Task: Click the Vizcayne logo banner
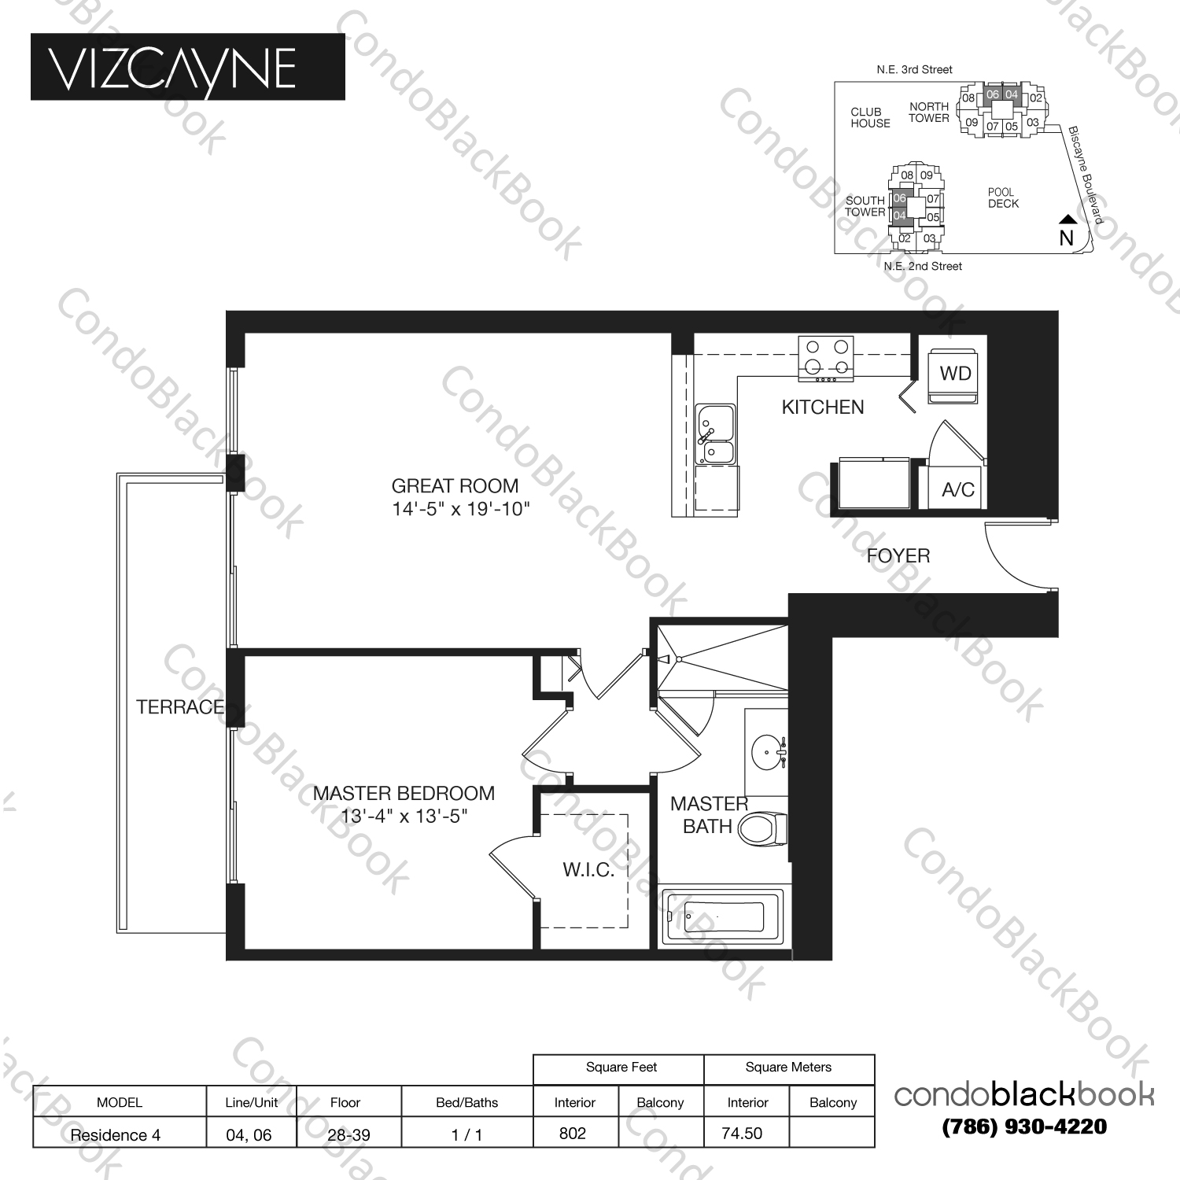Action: point(187,67)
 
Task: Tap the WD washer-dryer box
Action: point(954,374)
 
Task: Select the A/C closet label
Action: point(957,490)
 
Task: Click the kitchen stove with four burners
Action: point(826,358)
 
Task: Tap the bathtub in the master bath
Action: point(723,916)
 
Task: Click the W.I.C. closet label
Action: point(588,869)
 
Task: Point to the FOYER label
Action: point(898,556)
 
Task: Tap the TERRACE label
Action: point(180,707)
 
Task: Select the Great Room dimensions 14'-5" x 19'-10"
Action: point(460,509)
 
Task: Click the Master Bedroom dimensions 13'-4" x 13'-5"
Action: point(404,817)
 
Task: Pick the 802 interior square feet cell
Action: point(573,1133)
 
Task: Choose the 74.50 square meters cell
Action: point(742,1133)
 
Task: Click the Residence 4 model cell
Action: point(116,1134)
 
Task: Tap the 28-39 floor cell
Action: point(348,1134)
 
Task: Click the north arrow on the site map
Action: point(1066,221)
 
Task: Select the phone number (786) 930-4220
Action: point(1023,1127)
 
